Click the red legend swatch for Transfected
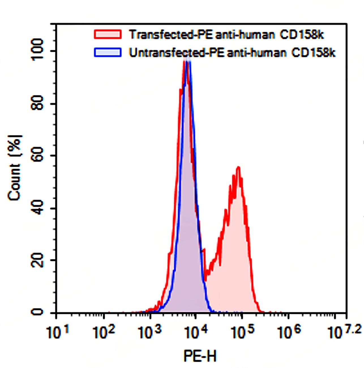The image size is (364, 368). click(108, 34)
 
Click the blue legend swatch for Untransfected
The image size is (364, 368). click(108, 52)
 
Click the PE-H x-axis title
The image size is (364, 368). click(200, 356)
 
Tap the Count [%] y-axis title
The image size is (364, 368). click(15, 168)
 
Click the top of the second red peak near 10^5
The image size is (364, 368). click(239, 168)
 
